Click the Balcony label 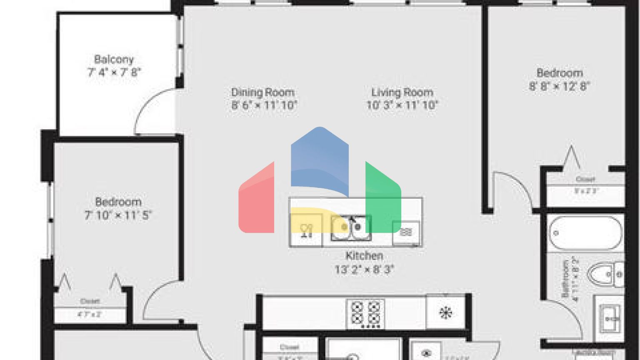click(x=113, y=59)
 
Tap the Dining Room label click(x=262, y=92)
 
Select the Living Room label click(x=402, y=92)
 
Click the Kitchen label click(x=364, y=255)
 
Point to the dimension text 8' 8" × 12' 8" click(x=559, y=87)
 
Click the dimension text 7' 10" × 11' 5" click(x=118, y=215)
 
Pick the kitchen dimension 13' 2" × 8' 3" click(x=364, y=270)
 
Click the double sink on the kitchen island click(x=351, y=228)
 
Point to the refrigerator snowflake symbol click(x=445, y=312)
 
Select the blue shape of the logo click(x=320, y=160)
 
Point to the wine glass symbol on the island click(x=306, y=230)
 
